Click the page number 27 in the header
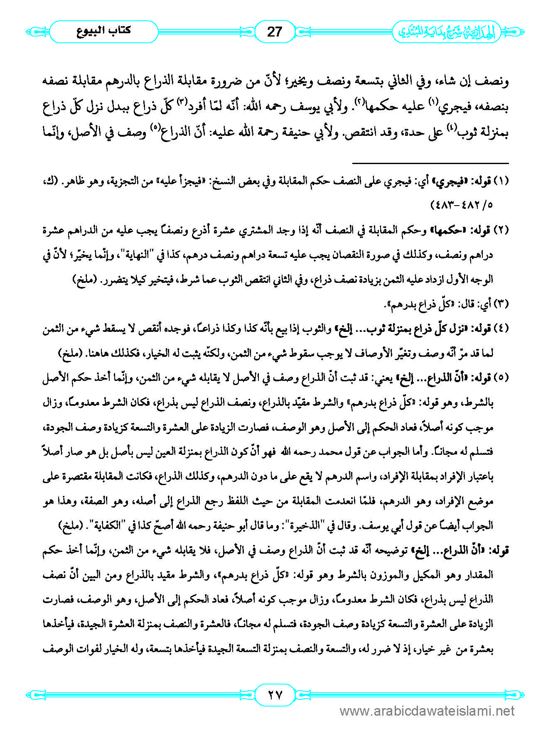coord(274,32)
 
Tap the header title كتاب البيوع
coord(104,31)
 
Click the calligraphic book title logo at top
coord(446,32)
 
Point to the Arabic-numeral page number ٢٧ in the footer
coord(274,694)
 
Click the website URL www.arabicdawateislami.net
coord(427,711)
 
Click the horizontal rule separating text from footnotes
coord(430,163)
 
